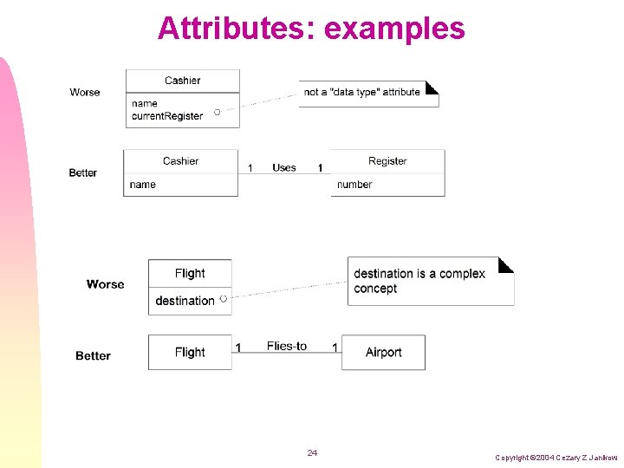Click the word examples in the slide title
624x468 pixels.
[x=394, y=29]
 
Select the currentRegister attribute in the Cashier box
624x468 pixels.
[x=167, y=116]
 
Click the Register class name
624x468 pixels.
[x=387, y=161]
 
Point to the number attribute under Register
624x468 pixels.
[x=354, y=185]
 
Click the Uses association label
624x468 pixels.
[x=283, y=167]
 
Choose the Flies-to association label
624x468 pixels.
[x=287, y=346]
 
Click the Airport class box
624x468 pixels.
[x=383, y=352]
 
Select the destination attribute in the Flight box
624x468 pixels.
[x=185, y=301]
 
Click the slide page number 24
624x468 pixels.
[x=312, y=453]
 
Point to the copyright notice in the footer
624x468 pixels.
[x=556, y=457]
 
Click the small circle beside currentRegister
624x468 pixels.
[x=217, y=112]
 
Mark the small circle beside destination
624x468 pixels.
[x=224, y=298]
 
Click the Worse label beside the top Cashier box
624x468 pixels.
[x=85, y=92]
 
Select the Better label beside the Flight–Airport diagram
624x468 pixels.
[x=93, y=355]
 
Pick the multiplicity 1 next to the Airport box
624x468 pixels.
[x=335, y=348]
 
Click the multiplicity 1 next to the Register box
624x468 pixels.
[x=320, y=167]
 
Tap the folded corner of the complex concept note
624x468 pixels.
[x=505, y=264]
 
